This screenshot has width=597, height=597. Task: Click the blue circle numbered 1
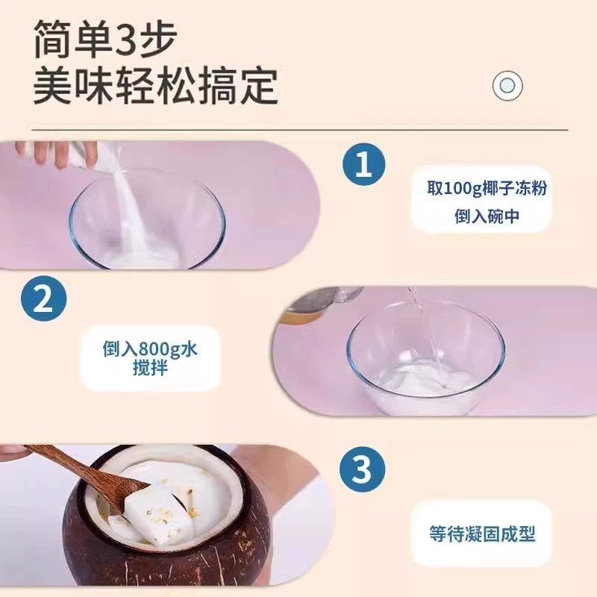pyautogui.click(x=363, y=164)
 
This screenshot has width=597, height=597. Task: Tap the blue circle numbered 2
pyautogui.click(x=43, y=298)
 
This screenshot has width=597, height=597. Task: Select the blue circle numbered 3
pyautogui.click(x=362, y=469)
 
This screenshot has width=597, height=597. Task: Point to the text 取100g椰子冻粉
pyautogui.click(x=487, y=188)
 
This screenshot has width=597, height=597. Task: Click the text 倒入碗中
pyautogui.click(x=487, y=216)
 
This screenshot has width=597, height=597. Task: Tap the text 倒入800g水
pyautogui.click(x=150, y=348)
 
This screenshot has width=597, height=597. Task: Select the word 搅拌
pyautogui.click(x=150, y=368)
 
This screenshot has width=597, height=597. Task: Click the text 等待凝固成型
pyautogui.click(x=482, y=534)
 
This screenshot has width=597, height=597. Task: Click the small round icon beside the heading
pyautogui.click(x=507, y=86)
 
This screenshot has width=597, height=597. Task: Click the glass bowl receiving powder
pyautogui.click(x=147, y=225)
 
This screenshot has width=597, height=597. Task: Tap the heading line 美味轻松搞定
pyautogui.click(x=156, y=86)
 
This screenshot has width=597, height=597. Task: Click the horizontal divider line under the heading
pyautogui.click(x=300, y=130)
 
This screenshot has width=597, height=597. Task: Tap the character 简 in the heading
pyautogui.click(x=51, y=39)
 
